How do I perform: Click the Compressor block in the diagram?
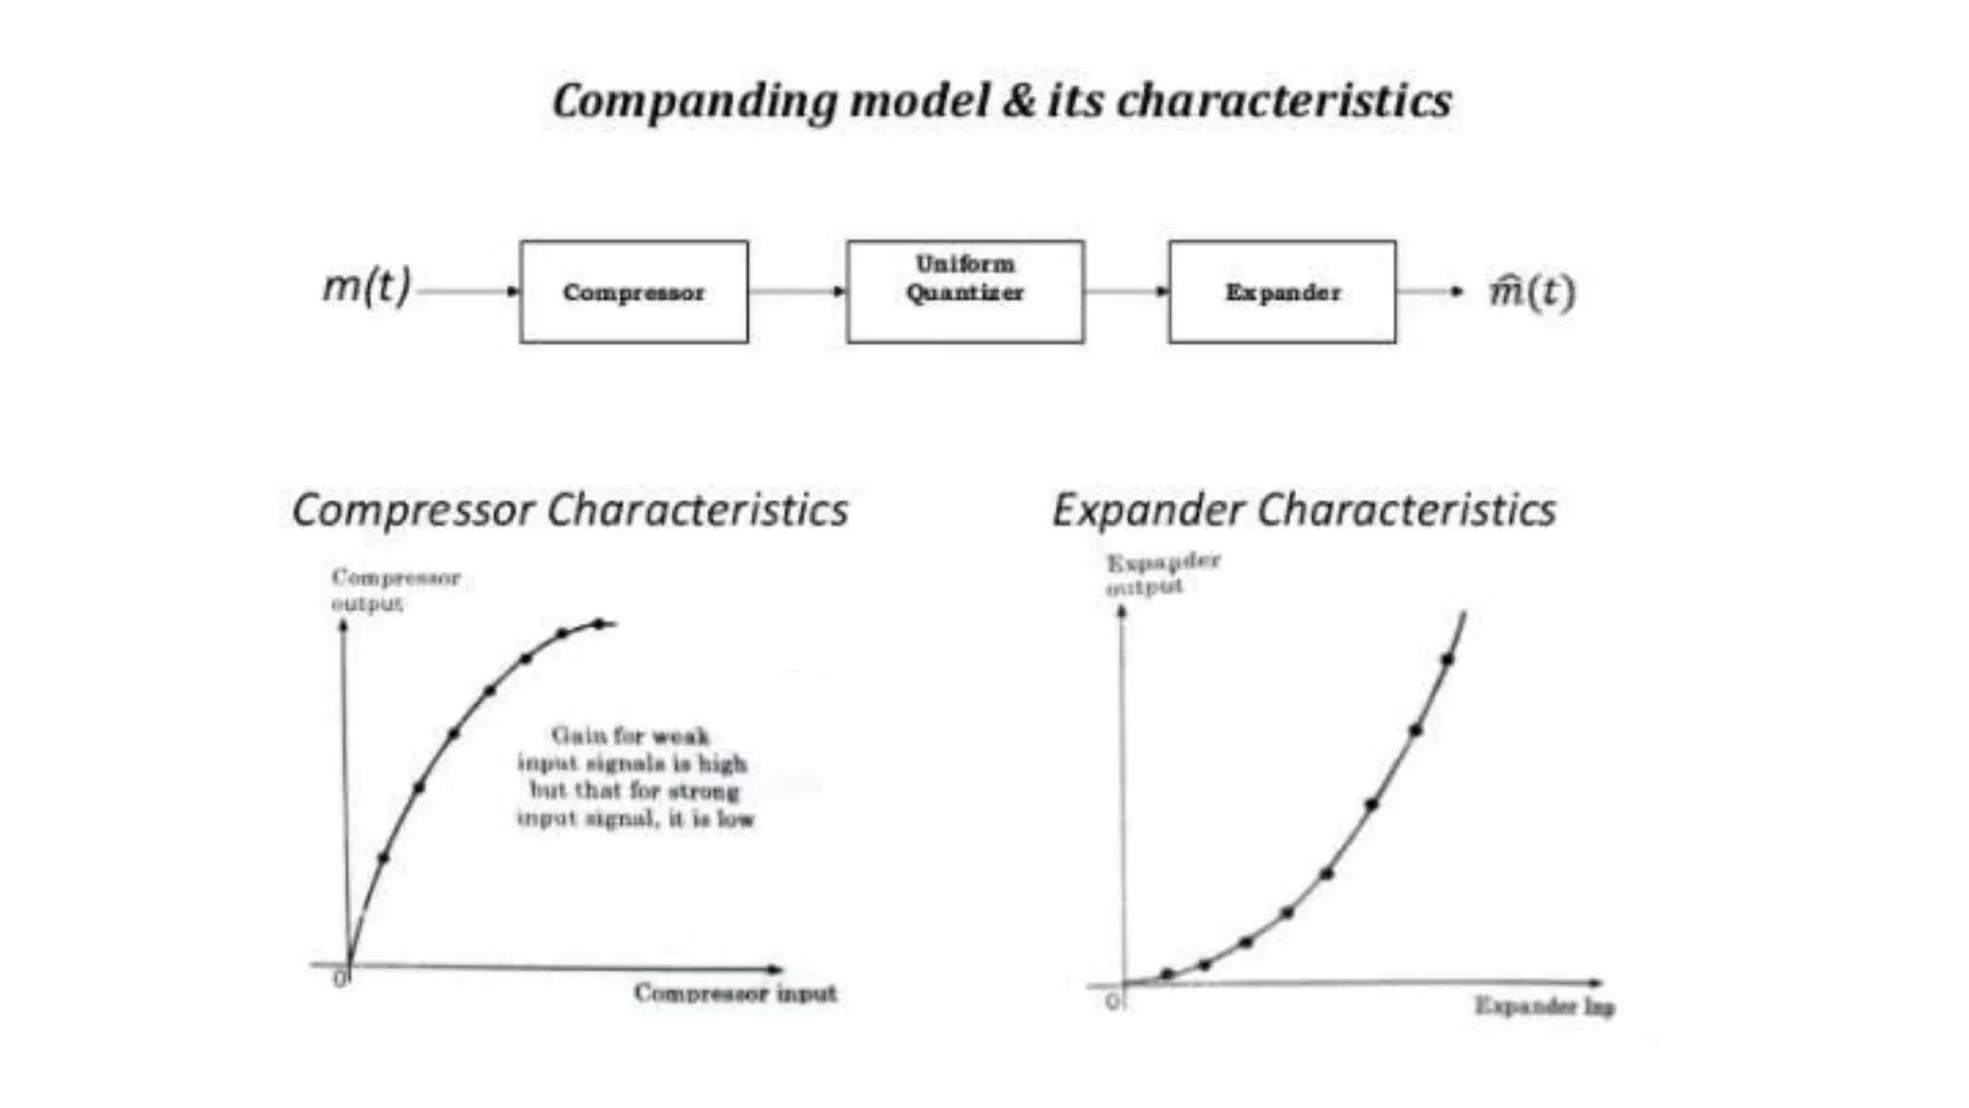coord(634,291)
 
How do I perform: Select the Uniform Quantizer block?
coord(964,291)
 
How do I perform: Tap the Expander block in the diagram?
coord(1282,291)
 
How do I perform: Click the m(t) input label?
coord(366,286)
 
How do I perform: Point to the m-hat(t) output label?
coord(1532,290)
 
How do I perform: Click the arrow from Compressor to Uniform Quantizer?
coord(797,290)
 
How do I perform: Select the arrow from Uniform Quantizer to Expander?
coord(1126,290)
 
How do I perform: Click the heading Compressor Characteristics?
coord(570,510)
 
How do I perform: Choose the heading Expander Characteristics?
coord(1304,510)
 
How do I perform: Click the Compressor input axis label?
coord(735,993)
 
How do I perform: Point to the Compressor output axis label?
coord(395,590)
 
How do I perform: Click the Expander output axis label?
coord(1162,573)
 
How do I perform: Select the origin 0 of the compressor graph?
coord(339,979)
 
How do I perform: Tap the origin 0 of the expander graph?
coord(1112,1001)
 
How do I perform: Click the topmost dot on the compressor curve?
coord(599,624)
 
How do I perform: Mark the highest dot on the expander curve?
coord(1447,659)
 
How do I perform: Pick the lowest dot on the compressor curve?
coord(384,857)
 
